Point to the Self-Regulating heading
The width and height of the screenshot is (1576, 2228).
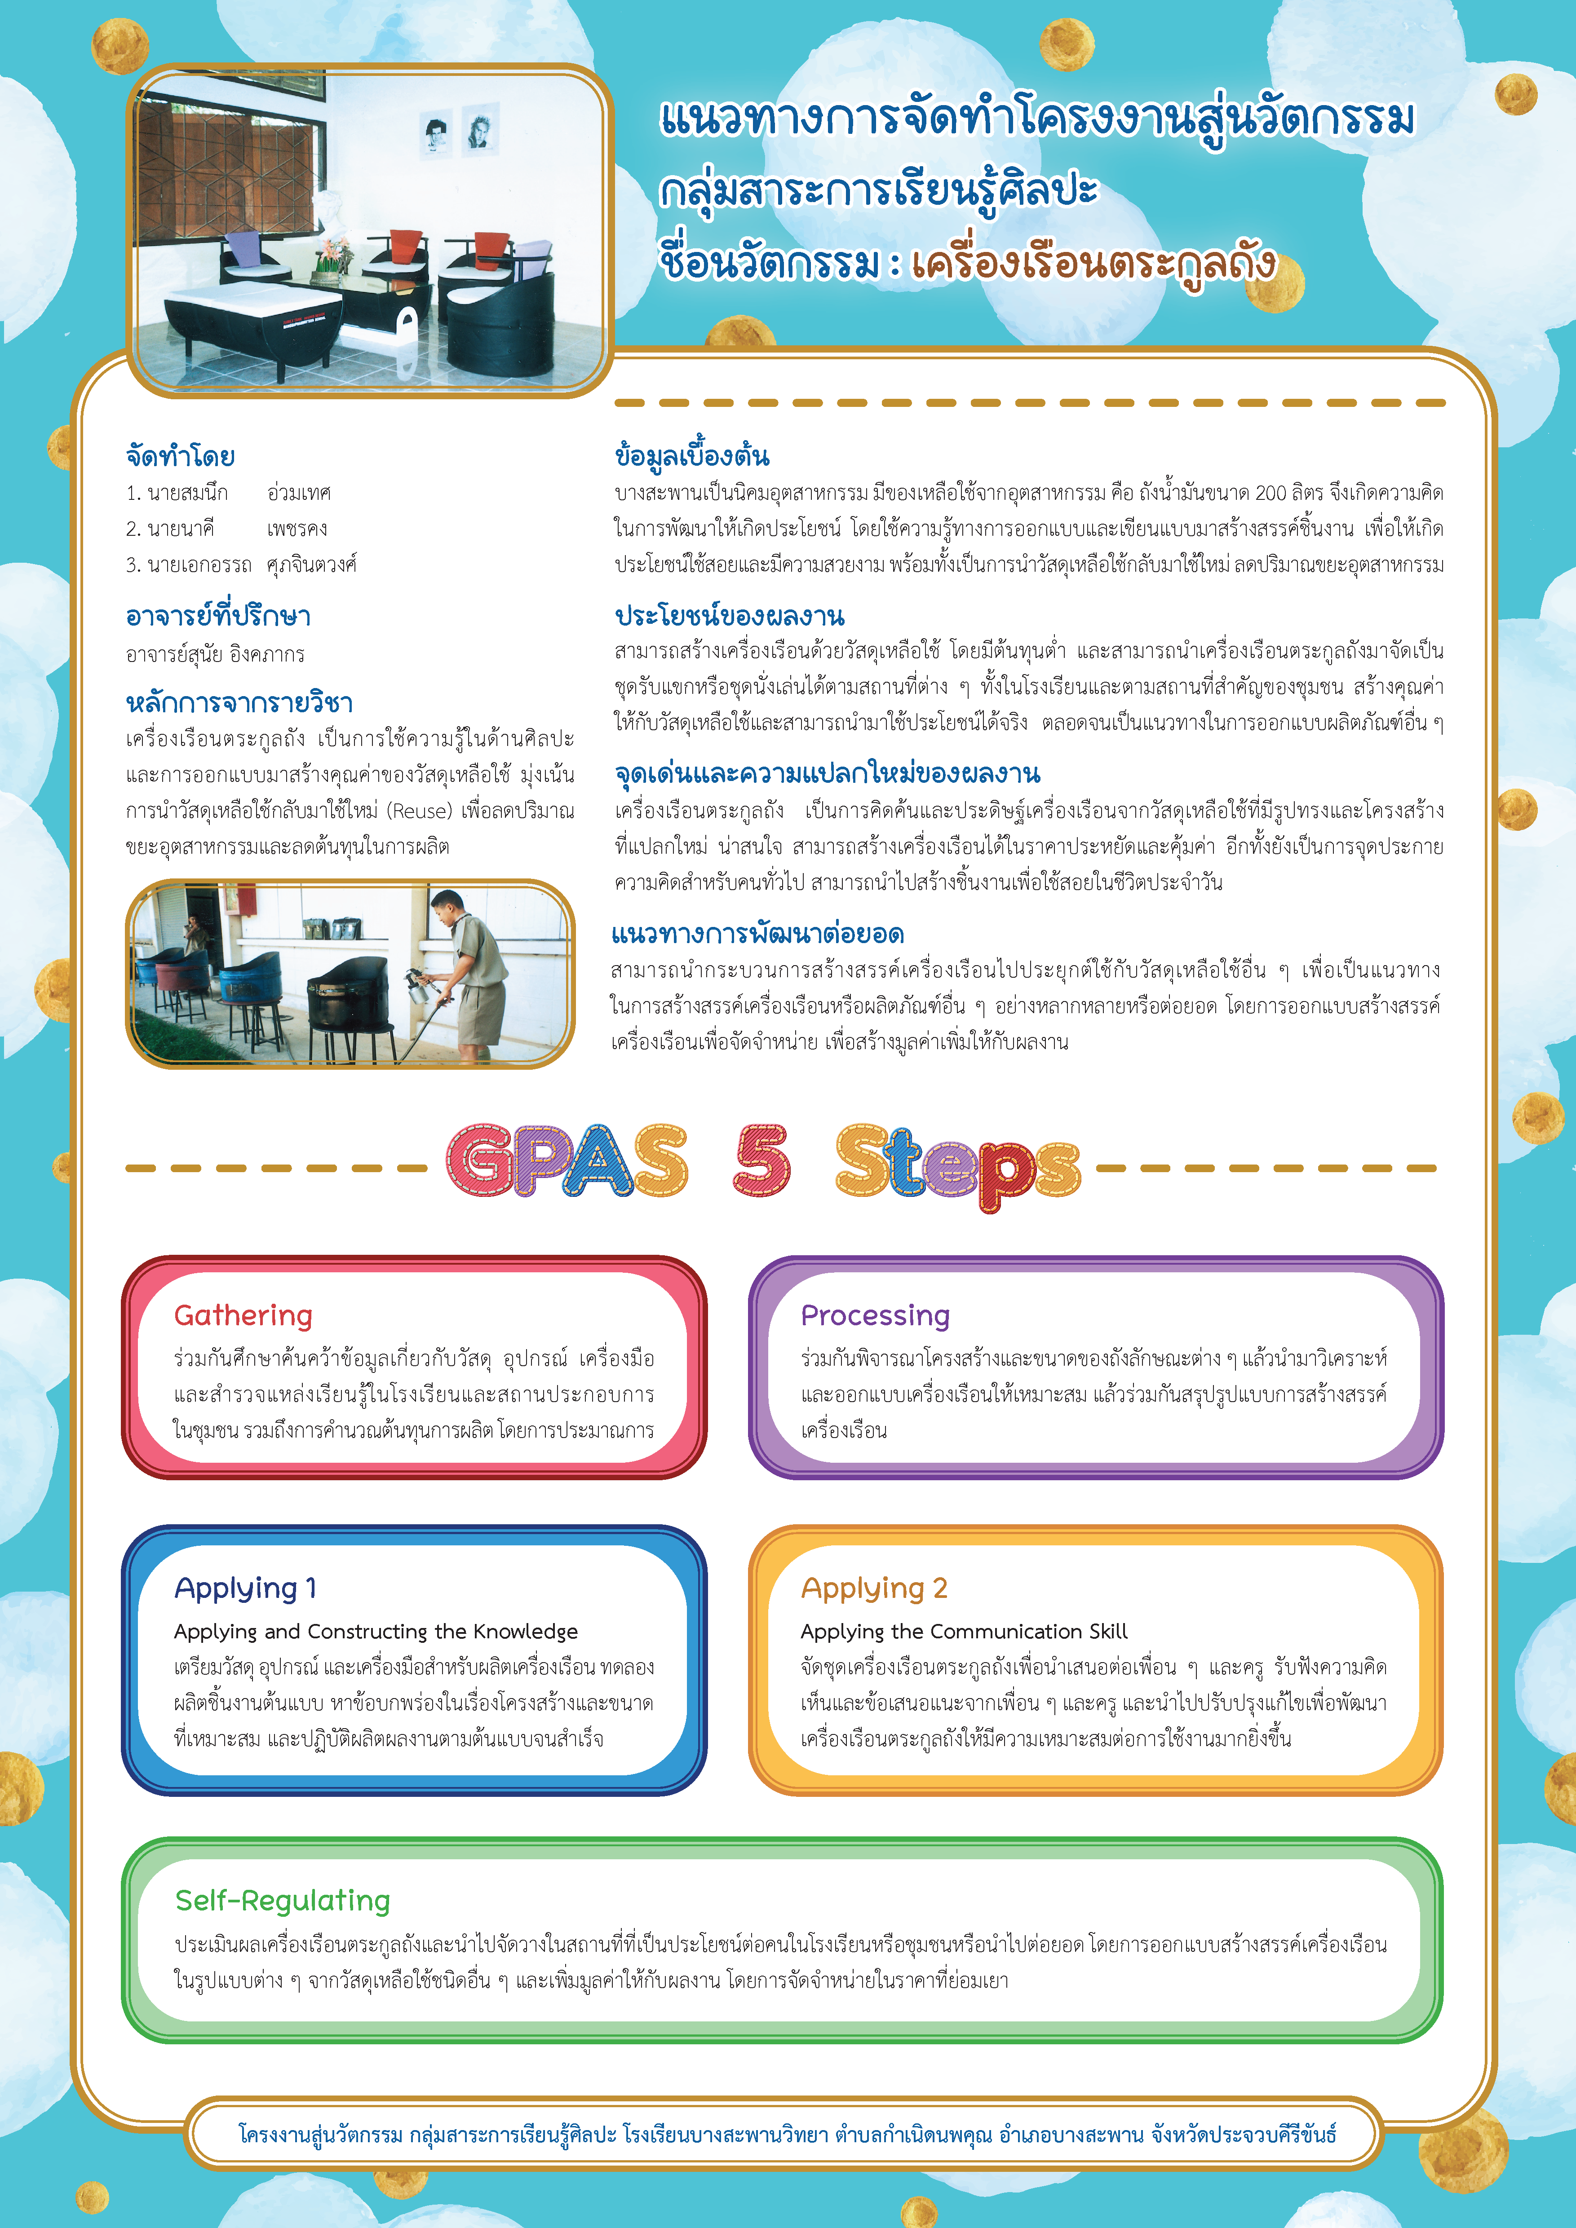click(283, 1900)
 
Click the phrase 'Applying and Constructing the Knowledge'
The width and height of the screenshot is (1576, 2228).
click(376, 1631)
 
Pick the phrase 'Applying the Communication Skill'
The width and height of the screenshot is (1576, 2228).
click(964, 1631)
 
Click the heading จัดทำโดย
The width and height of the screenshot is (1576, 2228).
click(181, 456)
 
